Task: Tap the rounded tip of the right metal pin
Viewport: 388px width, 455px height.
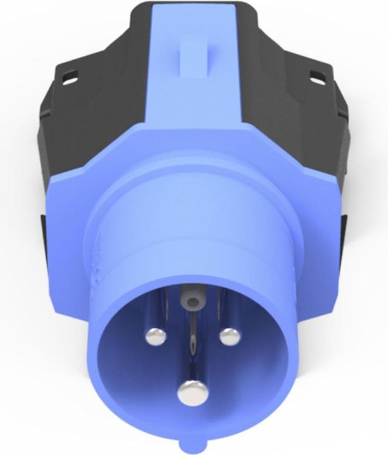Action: [229, 336]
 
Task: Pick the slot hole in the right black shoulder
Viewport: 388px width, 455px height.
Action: [316, 78]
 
